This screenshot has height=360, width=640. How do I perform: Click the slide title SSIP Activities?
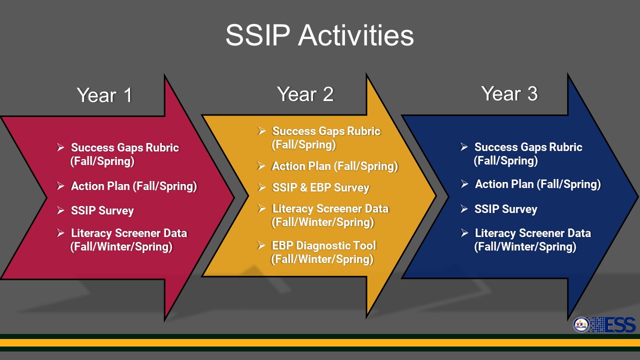click(319, 35)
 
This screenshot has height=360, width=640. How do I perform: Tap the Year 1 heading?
click(104, 95)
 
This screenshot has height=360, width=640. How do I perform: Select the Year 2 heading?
click(305, 94)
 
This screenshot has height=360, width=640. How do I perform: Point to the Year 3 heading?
click(509, 93)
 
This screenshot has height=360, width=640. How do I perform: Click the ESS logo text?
click(620, 325)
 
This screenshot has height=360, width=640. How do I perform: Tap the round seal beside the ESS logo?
click(581, 325)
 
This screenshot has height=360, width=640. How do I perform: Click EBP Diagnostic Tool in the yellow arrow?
click(323, 245)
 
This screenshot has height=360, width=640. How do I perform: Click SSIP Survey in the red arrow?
click(102, 210)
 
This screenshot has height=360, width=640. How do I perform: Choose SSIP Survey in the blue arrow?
click(505, 209)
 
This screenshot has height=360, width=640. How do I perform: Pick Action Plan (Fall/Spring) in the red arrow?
click(134, 186)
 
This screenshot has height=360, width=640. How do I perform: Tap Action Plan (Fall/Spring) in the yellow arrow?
click(335, 166)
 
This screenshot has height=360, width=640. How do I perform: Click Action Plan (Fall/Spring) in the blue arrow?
click(537, 184)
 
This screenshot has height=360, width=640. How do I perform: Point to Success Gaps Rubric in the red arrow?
click(125, 147)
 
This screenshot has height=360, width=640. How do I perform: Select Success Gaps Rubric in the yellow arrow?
click(326, 131)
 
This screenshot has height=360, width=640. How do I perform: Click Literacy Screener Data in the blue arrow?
click(533, 233)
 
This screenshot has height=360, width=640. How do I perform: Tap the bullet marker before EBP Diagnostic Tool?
click(261, 245)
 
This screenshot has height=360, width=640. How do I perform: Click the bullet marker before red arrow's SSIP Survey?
click(60, 210)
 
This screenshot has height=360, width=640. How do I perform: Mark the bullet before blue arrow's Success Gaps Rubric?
click(464, 147)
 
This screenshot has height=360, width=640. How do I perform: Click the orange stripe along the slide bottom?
click(320, 342)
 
